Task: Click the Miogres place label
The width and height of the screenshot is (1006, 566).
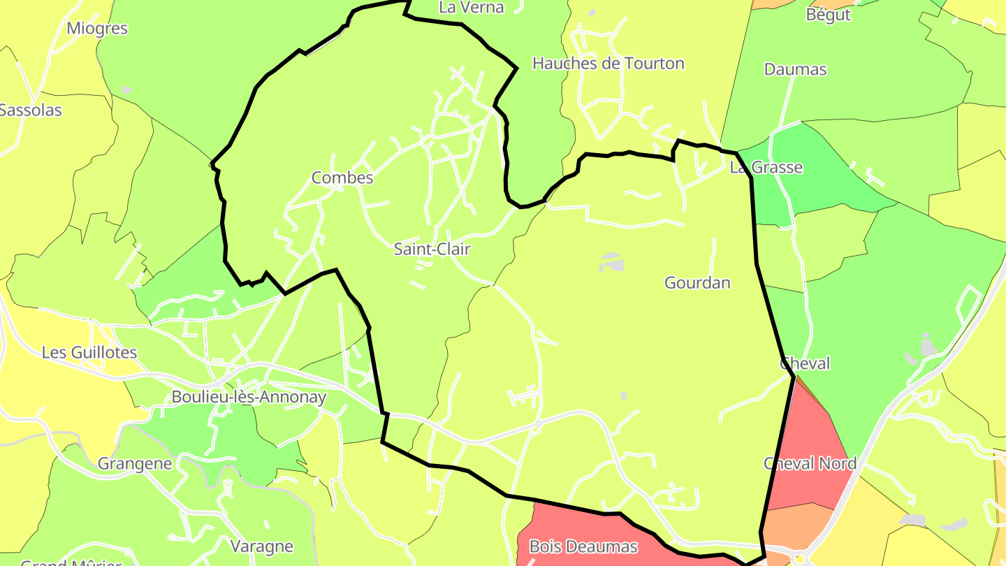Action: (97, 29)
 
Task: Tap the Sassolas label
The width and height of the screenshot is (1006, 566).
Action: (31, 110)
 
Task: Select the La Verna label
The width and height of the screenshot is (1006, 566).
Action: (471, 8)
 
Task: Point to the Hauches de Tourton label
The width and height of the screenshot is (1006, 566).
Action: (608, 64)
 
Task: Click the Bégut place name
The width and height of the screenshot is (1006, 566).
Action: (829, 15)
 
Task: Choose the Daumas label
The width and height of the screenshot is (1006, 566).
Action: (795, 70)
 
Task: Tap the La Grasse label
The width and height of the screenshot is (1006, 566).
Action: (766, 168)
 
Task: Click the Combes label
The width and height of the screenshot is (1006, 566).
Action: (342, 178)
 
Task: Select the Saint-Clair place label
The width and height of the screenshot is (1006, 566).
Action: (432, 249)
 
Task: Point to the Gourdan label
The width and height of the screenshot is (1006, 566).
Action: (697, 283)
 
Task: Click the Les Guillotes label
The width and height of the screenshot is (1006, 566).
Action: (89, 353)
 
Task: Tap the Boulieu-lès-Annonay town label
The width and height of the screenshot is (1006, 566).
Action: (249, 398)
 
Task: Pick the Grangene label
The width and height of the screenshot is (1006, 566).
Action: (135, 464)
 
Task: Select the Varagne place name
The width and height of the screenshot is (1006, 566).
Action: (262, 546)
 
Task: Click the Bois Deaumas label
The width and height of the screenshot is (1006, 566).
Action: (583, 546)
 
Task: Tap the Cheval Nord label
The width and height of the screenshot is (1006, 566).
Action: (810, 464)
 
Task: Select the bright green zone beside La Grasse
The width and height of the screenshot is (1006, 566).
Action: (824, 182)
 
